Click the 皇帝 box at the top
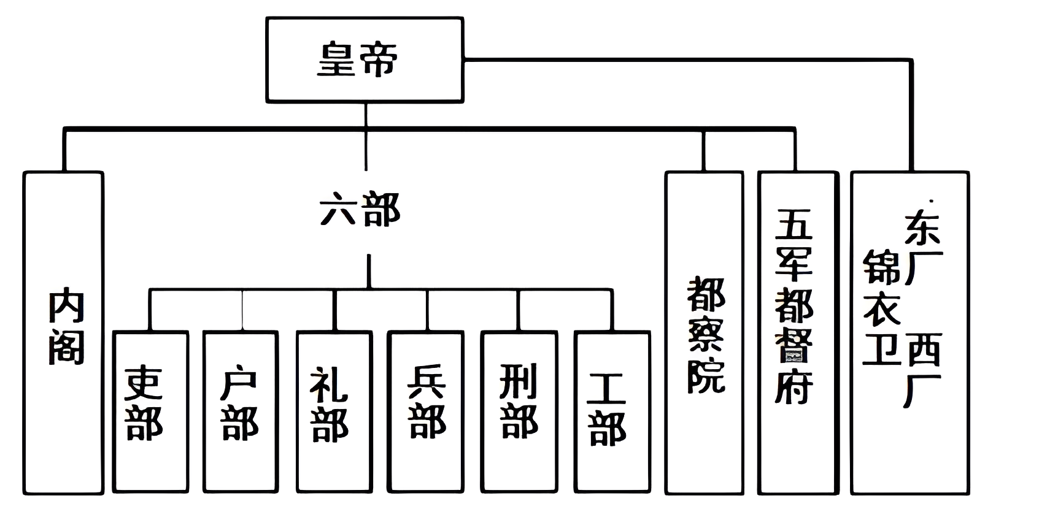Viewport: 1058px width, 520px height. point(365,59)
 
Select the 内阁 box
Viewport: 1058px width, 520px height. point(63,332)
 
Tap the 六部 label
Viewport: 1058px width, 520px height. point(360,210)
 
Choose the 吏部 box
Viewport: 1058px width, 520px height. point(150,411)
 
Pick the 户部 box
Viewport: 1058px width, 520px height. point(241,411)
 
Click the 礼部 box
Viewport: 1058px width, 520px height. point(334,411)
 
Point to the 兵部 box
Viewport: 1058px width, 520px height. point(425,411)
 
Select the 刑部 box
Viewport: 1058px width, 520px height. point(519,411)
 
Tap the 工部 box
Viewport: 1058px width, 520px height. point(612,411)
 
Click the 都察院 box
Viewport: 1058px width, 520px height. point(705,332)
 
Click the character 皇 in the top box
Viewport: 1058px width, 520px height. point(338,59)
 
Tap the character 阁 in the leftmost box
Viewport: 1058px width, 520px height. point(66,347)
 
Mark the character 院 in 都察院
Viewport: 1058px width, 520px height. point(706,375)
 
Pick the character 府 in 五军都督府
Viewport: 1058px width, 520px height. point(794,386)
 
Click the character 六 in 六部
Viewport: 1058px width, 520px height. point(338,210)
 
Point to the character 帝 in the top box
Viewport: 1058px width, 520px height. point(379,59)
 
